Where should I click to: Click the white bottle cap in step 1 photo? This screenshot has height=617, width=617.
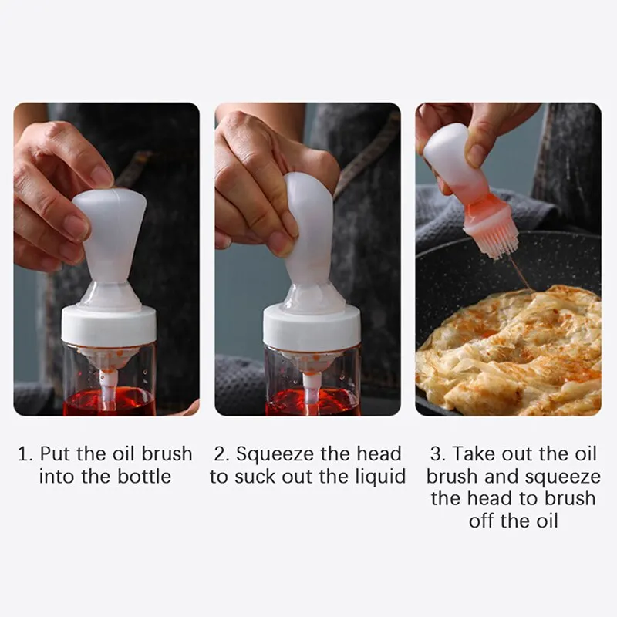point(109,325)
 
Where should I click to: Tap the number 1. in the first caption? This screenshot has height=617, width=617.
point(25,454)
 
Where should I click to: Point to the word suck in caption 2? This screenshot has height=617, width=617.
point(255,477)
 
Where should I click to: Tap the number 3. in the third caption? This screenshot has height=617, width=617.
point(438,453)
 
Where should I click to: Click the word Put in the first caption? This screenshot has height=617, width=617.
point(56,454)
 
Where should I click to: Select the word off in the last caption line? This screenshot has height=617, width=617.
point(485,521)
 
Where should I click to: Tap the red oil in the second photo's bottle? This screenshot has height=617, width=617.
point(312,402)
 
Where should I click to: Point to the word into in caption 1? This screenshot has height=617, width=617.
point(57,477)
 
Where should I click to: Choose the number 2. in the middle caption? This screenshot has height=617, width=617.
point(222,454)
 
